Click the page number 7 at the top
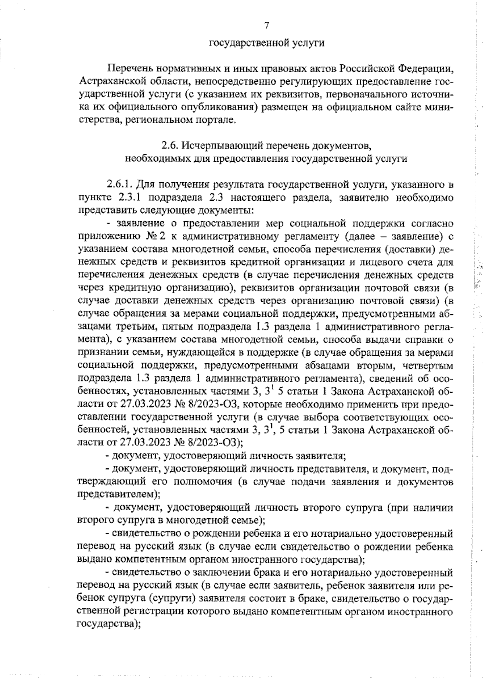tap(266, 26)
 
